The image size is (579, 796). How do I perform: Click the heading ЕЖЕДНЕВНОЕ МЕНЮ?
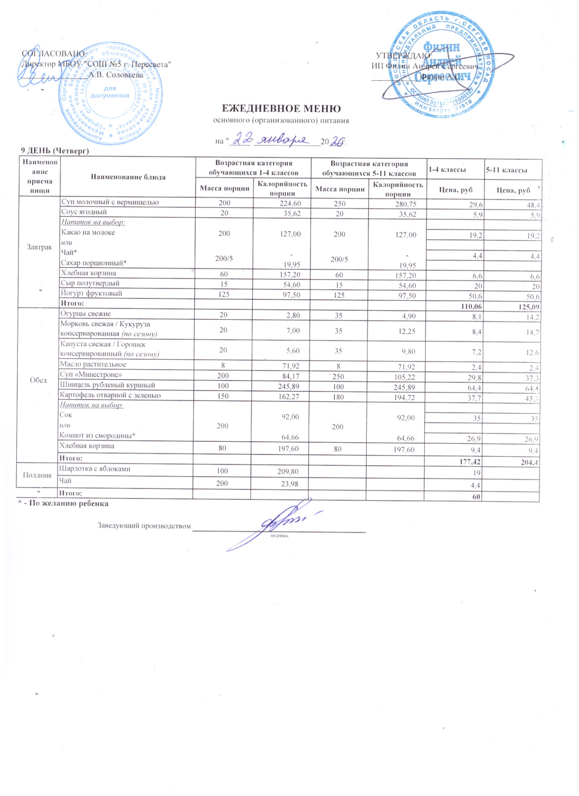(281, 109)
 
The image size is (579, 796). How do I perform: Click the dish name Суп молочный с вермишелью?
(110, 202)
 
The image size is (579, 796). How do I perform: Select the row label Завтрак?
(39, 247)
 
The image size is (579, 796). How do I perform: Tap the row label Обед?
(38, 380)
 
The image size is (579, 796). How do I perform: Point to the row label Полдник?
(38, 475)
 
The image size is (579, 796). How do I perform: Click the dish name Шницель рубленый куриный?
(107, 385)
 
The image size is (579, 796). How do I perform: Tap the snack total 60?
(476, 497)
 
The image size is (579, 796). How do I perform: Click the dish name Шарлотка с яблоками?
(95, 469)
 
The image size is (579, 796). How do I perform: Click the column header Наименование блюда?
(128, 177)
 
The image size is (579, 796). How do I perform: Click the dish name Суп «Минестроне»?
(91, 375)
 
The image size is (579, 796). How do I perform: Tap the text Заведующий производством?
(144, 526)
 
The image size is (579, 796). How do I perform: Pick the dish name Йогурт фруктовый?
(91, 294)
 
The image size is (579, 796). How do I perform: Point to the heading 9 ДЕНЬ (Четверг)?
(54, 151)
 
